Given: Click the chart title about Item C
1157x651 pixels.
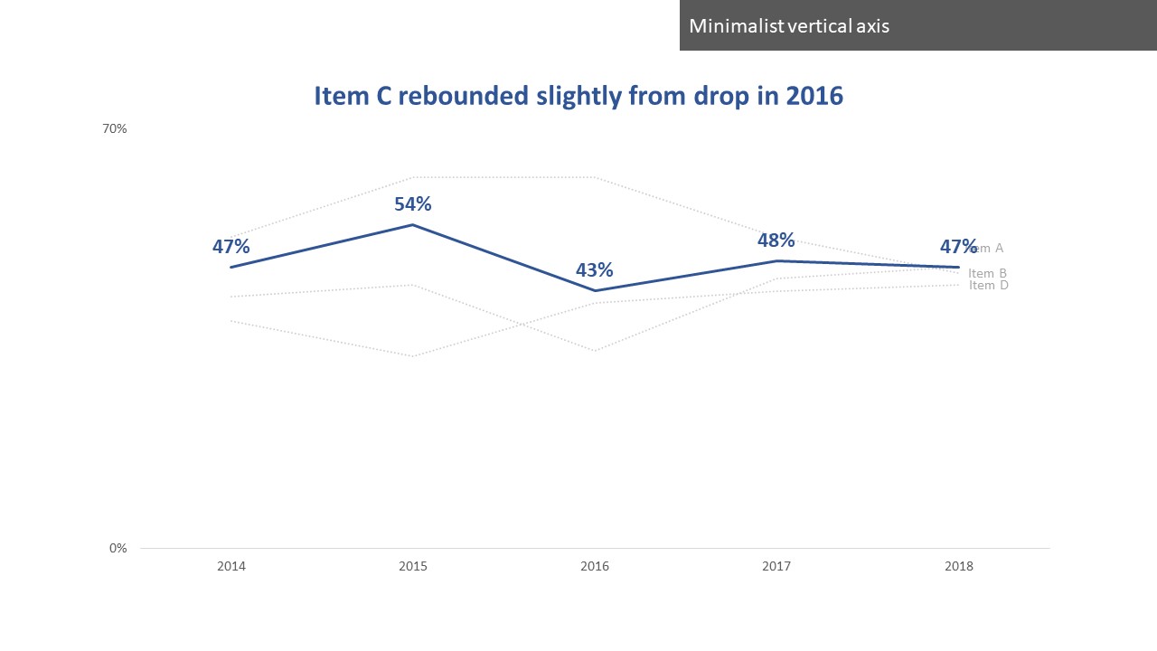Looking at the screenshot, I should [578, 97].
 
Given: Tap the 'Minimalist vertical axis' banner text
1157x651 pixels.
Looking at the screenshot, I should [789, 25].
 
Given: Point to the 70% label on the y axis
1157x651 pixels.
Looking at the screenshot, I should [114, 128].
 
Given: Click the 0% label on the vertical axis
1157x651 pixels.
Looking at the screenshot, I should [118, 548].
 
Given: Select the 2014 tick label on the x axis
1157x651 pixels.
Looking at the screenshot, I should [231, 567].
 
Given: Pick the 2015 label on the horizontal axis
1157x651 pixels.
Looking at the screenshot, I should [413, 567].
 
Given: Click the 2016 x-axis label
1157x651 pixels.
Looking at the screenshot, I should [595, 567].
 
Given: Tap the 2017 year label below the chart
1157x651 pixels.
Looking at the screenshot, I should [776, 567].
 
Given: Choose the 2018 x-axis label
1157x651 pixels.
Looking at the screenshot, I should [958, 567].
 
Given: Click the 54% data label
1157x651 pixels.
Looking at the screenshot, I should [413, 203].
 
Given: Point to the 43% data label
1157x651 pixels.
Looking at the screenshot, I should [595, 269].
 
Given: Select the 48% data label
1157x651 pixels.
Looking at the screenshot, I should [776, 240].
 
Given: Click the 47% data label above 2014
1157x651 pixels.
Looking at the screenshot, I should [231, 246].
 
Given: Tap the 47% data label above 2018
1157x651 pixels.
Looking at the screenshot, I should [958, 246].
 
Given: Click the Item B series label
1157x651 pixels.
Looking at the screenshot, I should [987, 274].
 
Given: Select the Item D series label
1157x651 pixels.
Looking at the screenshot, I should [988, 286].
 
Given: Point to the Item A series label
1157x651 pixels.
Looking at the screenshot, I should [991, 248].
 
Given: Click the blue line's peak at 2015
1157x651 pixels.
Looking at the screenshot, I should [413, 224].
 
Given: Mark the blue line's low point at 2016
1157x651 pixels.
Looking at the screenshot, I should [595, 290].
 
